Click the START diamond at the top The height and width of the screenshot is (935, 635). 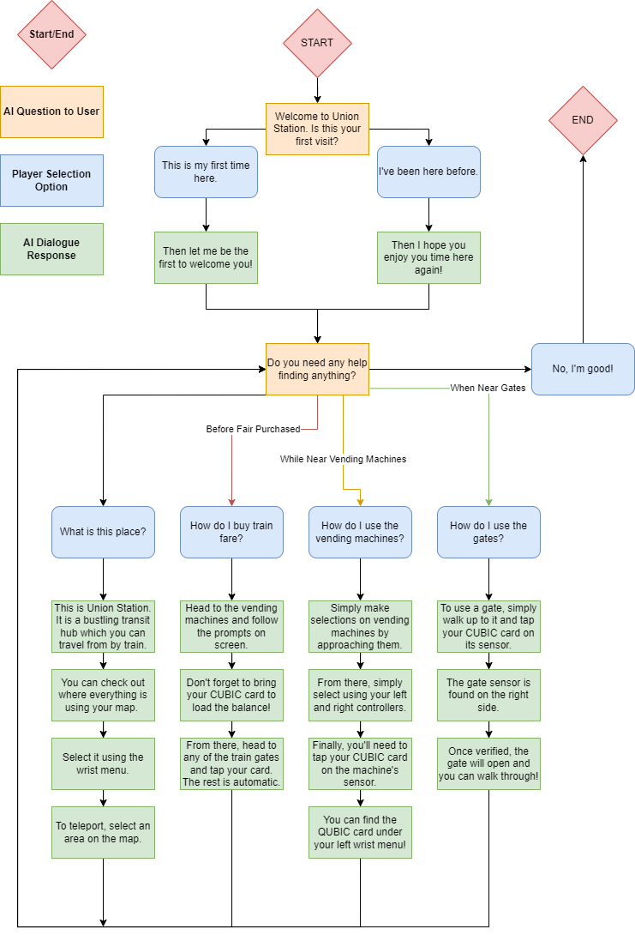(317, 43)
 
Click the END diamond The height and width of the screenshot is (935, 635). (583, 120)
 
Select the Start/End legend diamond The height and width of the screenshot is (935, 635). (51, 34)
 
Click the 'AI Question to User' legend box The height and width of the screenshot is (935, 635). (51, 112)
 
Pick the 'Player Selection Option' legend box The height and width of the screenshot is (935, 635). (51, 180)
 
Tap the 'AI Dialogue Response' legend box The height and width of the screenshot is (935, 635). (51, 249)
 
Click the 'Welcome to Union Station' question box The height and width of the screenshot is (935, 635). (317, 129)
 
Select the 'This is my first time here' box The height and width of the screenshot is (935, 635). (206, 172)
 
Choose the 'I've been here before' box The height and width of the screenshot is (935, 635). (428, 172)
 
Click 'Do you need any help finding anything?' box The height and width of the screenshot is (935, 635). (317, 369)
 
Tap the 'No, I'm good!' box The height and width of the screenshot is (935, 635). (583, 369)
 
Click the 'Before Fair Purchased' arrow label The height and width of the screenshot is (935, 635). (253, 429)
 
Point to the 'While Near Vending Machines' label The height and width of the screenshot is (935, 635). (343, 459)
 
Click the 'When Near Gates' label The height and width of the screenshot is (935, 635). (488, 389)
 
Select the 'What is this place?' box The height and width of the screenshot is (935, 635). (103, 532)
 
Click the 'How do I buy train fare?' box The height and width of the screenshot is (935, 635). (231, 532)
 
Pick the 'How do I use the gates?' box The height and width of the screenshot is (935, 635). (488, 532)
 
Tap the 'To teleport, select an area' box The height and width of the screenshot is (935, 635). (103, 832)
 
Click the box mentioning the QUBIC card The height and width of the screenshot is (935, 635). (360, 832)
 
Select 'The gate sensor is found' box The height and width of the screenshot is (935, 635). (488, 695)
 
